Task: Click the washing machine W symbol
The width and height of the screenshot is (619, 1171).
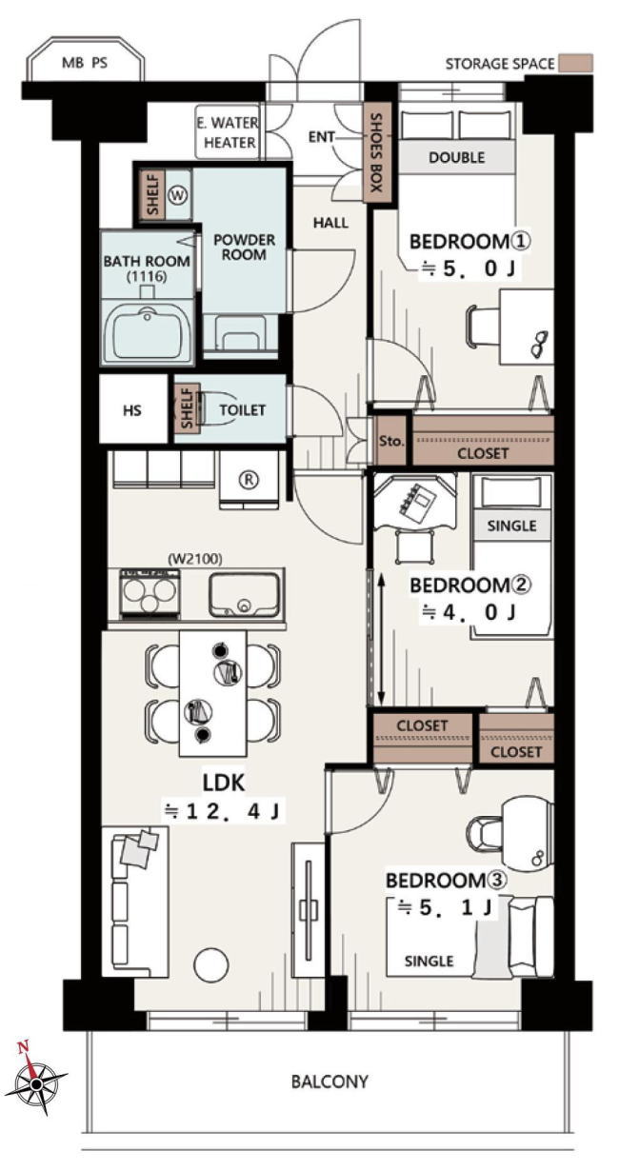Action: point(178,195)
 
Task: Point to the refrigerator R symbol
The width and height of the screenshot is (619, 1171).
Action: point(250,479)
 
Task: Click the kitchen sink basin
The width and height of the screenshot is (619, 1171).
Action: point(244,595)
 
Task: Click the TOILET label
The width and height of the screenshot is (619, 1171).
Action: point(242,409)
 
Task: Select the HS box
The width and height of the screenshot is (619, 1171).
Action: point(133,408)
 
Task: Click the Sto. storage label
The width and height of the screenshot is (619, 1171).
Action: point(391,441)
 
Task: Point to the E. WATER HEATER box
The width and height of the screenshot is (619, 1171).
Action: point(228,132)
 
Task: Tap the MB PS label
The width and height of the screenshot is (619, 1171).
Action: point(85,63)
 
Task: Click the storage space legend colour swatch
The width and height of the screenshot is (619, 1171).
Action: point(575,63)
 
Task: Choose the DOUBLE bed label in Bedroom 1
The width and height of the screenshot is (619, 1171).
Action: point(456,157)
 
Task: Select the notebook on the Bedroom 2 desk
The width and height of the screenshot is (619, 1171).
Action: point(414,502)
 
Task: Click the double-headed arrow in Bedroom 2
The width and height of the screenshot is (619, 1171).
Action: point(381,639)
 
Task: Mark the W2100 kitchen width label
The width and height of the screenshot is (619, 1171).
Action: point(195,560)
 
